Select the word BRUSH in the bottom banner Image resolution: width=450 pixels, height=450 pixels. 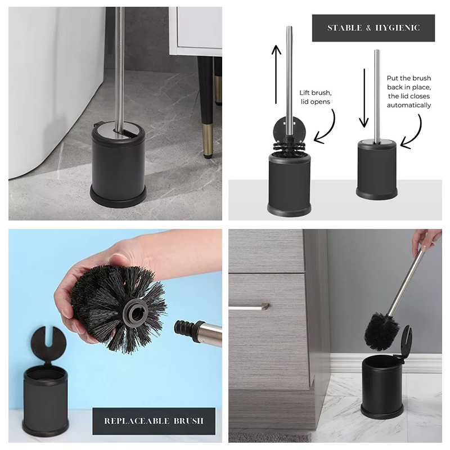[x=188, y=421]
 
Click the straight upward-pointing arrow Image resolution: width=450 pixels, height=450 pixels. [x=276, y=74]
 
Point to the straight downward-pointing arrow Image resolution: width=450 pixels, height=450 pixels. [x=364, y=98]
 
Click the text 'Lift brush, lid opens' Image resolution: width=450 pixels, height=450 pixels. [x=316, y=97]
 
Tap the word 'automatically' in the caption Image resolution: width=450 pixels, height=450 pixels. [x=409, y=105]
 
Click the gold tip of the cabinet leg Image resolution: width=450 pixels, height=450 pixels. [x=208, y=140]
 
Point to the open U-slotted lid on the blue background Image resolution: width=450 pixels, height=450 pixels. [x=49, y=344]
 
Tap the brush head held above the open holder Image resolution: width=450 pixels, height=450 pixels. [x=381, y=331]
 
